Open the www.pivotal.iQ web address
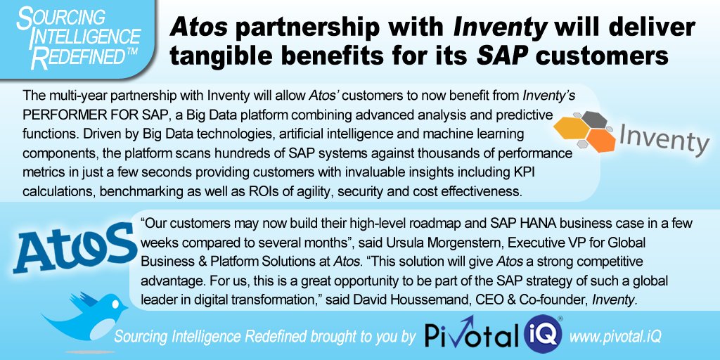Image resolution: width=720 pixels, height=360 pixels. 615,337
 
